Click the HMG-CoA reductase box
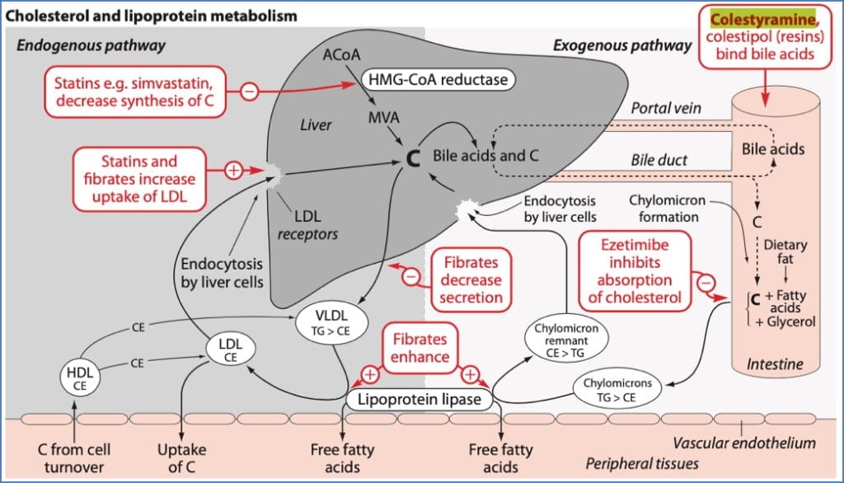point(434,79)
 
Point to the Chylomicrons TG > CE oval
point(617,390)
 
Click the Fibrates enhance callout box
point(420,347)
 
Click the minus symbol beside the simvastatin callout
point(249,91)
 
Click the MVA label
point(384,118)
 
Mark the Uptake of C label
point(181,457)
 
